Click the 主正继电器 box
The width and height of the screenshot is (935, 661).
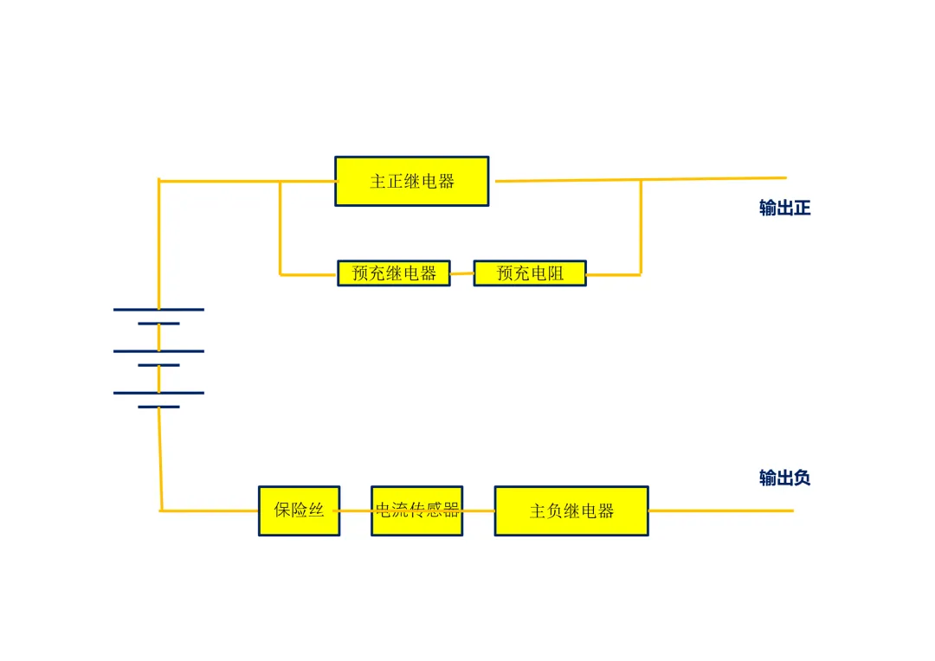[412, 181]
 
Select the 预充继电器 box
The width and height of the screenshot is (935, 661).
[394, 273]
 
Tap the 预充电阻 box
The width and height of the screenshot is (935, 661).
[530, 273]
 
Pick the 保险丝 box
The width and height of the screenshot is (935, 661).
[300, 510]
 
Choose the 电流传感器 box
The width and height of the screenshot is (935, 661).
[416, 510]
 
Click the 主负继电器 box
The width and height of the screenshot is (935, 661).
[571, 510]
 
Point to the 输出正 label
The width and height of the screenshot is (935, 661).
[784, 208]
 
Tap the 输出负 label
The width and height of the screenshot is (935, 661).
[784, 478]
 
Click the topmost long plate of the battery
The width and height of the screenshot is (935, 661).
[158, 310]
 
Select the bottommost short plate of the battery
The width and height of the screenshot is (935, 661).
[158, 407]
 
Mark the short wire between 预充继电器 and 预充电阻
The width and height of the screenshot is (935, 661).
[462, 273]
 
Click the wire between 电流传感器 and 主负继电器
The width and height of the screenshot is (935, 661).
[479, 510]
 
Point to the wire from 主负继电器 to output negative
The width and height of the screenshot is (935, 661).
[721, 510]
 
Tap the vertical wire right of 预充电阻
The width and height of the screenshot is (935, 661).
[641, 227]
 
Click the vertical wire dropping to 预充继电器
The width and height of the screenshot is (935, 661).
[280, 228]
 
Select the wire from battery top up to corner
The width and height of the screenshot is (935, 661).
[158, 244]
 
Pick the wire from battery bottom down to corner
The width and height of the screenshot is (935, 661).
[160, 459]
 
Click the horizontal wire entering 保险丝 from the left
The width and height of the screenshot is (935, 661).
[210, 510]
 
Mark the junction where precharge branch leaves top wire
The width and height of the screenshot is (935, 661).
[280, 181]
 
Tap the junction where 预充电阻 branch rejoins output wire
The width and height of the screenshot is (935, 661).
[641, 179]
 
